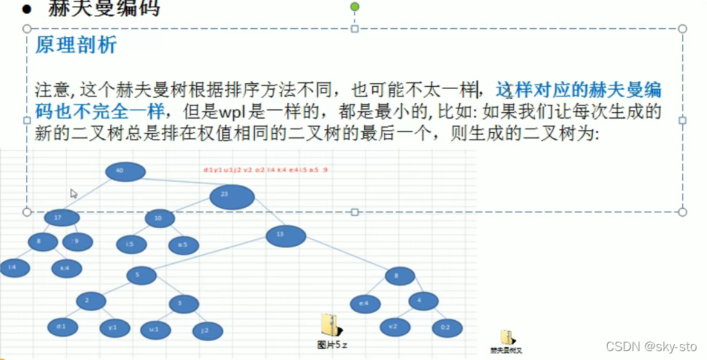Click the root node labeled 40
pos(125,172)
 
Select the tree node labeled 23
pos(232,196)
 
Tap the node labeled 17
pos(62,218)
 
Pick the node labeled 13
pos(286,236)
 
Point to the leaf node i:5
pos(130,244)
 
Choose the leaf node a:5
pos(183,244)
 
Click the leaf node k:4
pos(65,268)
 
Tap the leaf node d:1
pos(61,328)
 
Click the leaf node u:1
pos(154,330)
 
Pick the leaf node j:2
pos(208,330)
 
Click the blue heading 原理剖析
pos(76,45)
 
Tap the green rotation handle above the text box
pos(355,7)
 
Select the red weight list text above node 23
pos(265,169)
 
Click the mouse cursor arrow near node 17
pos(74,193)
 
